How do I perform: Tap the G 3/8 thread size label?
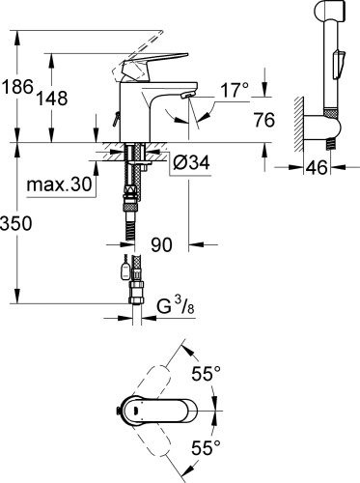coord(180,308)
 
